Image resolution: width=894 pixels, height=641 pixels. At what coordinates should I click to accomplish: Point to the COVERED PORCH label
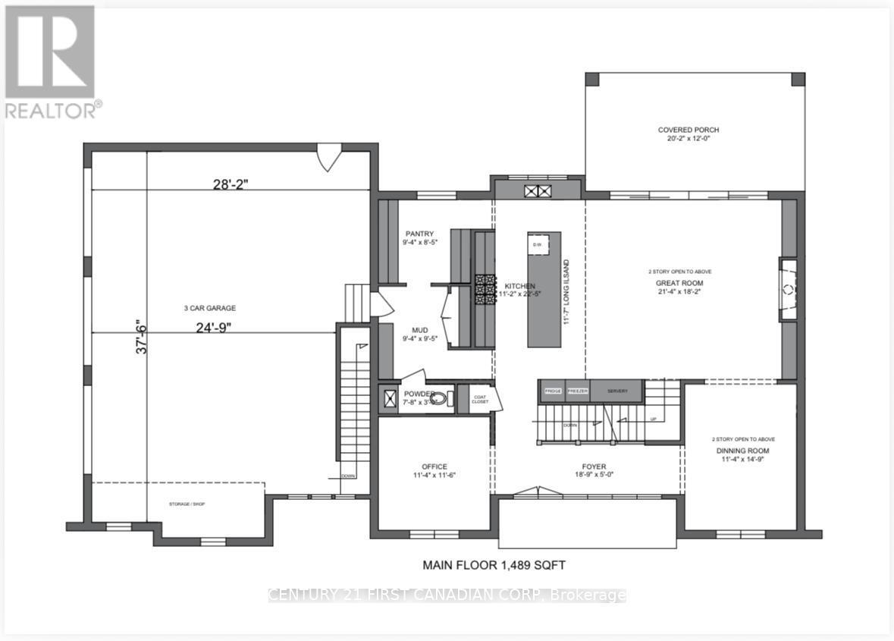click(689, 130)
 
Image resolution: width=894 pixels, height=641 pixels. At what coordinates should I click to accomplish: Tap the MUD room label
click(419, 330)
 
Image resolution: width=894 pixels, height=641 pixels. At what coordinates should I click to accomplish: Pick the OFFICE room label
click(434, 467)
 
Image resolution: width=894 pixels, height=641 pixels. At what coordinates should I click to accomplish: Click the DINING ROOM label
click(743, 450)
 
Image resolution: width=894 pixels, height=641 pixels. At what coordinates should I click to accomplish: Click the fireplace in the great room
click(789, 289)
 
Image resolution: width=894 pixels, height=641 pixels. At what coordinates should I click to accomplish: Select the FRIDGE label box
click(553, 391)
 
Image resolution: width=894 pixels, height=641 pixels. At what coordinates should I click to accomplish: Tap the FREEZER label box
click(578, 391)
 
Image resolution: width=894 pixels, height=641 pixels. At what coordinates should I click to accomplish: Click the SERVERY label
click(618, 391)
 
